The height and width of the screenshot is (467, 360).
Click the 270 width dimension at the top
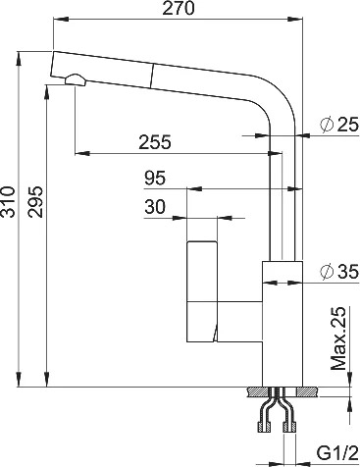(179, 8)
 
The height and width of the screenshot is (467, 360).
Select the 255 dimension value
(155, 142)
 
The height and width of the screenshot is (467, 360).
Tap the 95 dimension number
(155, 179)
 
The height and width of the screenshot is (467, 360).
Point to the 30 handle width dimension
(155, 207)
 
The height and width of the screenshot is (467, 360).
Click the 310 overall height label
(8, 202)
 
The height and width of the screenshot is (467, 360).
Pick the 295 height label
(35, 202)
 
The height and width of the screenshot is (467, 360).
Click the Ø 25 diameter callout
(339, 125)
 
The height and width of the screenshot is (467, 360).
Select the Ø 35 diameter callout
(339, 272)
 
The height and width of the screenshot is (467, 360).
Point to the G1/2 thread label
(336, 453)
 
